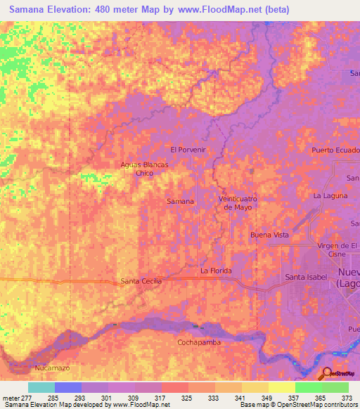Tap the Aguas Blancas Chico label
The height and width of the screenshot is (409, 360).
[x=145, y=168]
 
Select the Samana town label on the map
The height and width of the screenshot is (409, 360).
[x=180, y=202]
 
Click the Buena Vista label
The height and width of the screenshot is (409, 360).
[x=270, y=235]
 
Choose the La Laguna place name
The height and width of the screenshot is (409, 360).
[x=330, y=195]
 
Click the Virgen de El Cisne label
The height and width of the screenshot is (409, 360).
[x=338, y=249]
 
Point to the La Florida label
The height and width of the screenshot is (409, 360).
[x=216, y=271]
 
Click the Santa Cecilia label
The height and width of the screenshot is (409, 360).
[x=141, y=281]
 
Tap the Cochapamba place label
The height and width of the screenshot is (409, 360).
[x=199, y=342]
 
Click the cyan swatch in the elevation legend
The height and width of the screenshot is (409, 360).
[x=41, y=387]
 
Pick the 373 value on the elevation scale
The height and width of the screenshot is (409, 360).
[x=347, y=398]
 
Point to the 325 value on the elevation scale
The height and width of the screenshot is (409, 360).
[x=186, y=398]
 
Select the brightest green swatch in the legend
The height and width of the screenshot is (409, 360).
[x=308, y=387]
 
